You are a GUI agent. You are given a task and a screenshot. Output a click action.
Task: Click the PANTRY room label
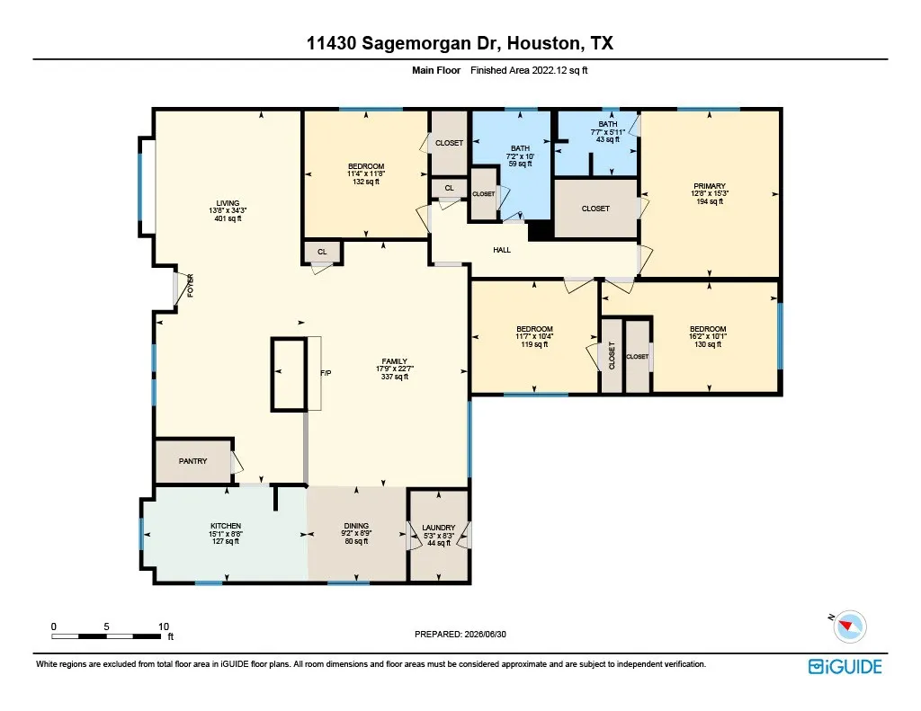[192, 461]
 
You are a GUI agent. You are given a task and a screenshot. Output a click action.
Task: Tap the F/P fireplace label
[326, 373]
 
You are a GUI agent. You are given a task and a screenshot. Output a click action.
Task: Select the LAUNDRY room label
[439, 528]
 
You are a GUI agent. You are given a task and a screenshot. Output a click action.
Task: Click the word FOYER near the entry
[191, 286]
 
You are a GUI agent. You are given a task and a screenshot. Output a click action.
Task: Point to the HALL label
[502, 250]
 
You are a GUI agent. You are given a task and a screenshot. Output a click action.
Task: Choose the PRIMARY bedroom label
[710, 186]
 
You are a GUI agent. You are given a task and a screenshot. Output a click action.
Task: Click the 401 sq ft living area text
[228, 218]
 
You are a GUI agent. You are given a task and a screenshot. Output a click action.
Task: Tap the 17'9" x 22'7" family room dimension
[395, 369]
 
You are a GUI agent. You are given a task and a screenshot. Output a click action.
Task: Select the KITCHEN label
[226, 526]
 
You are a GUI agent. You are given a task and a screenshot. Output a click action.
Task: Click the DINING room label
[356, 526]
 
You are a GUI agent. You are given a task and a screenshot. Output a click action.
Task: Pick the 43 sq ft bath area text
[608, 139]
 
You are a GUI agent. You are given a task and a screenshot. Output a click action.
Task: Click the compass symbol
[849, 627]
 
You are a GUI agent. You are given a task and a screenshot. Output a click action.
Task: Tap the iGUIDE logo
[845, 667]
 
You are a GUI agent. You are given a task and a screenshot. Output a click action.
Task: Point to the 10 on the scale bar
[164, 627]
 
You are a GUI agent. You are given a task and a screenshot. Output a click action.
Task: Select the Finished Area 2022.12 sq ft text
[529, 70]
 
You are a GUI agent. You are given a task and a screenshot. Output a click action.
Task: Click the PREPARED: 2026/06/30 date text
[460, 634]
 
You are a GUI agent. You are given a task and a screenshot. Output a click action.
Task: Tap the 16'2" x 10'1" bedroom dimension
[708, 336]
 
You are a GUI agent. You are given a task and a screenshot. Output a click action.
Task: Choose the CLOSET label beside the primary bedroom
[595, 209]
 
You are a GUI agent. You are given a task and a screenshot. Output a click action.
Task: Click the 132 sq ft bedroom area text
[366, 182]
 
